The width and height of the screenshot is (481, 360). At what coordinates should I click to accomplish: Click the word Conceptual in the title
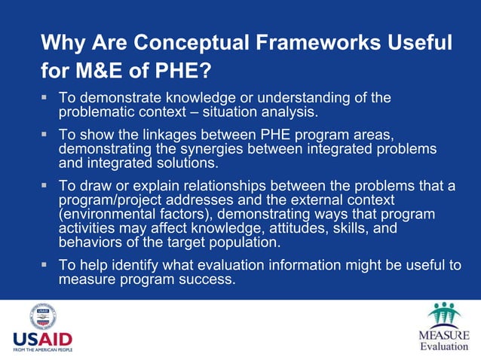179,43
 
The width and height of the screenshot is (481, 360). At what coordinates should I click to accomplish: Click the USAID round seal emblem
43,316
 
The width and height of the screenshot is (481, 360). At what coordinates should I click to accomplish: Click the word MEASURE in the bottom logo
443,335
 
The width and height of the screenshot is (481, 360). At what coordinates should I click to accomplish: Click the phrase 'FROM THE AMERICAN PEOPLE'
43,350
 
